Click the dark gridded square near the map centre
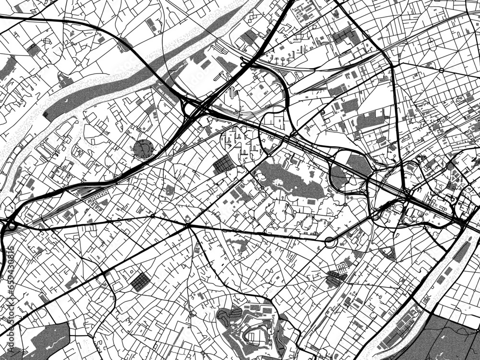click(223, 165)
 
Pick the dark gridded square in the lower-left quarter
click(140, 281)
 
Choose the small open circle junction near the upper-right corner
click(441, 70)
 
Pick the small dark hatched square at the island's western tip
click(46, 115)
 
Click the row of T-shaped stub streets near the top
click(281, 60)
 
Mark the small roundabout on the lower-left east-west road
click(153, 216)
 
